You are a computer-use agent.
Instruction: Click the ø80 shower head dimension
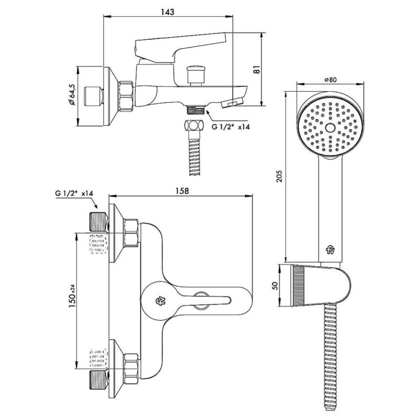[330, 79]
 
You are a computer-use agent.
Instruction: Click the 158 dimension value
[181, 192]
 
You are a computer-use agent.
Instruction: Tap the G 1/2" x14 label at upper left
[74, 193]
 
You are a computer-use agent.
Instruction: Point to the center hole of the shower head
[329, 128]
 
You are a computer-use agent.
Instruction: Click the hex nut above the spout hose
[193, 127]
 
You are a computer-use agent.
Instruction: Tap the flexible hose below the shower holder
[330, 356]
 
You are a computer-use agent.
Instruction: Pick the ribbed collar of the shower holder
[297, 285]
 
